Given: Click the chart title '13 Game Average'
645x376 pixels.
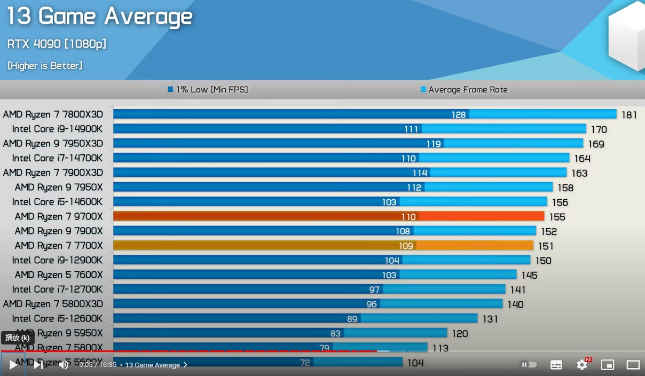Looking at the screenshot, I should [x=99, y=17].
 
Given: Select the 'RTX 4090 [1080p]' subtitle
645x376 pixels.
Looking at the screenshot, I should [x=57, y=44].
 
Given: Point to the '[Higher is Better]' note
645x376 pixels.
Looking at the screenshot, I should [x=45, y=66].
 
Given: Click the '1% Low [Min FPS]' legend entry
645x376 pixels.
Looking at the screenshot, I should [x=208, y=90].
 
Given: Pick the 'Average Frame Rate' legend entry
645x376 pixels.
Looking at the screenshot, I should [x=464, y=90].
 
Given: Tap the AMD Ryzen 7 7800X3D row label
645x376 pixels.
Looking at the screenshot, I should [x=53, y=114].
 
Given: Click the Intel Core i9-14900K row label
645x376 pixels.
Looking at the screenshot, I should [x=57, y=129].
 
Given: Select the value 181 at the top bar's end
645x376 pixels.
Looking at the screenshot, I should [x=629, y=115].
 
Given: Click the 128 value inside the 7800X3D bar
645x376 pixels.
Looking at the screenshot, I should [x=459, y=114].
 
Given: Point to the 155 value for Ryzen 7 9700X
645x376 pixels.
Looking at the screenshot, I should [x=557, y=217].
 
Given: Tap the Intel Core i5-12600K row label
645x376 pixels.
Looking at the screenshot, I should [x=57, y=318].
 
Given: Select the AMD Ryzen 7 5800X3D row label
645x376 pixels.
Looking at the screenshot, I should [x=53, y=304].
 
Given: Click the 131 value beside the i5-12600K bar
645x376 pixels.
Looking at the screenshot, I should [x=490, y=319].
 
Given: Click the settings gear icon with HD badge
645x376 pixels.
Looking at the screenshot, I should [x=582, y=365].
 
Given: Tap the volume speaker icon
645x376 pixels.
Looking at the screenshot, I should [x=64, y=365].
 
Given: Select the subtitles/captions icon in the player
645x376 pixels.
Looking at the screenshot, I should [x=556, y=365].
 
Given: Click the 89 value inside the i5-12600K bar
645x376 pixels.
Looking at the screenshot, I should [x=352, y=319].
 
